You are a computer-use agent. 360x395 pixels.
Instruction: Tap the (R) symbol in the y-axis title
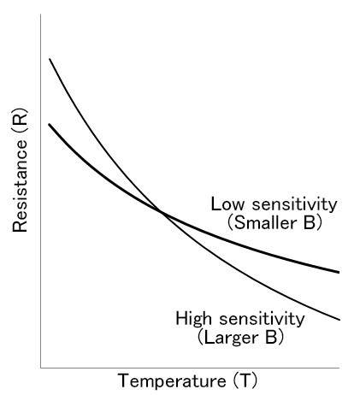pos(20,120)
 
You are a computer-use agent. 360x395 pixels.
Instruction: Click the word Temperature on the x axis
pos(172,380)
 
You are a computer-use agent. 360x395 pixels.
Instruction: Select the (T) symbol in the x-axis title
pos(245,380)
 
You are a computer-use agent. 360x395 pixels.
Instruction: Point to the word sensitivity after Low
pos(294,204)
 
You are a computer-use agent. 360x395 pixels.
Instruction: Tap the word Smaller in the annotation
pos(265,223)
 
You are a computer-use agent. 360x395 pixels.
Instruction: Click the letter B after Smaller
pos(310,223)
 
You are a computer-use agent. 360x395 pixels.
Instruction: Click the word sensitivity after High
pos(262,319)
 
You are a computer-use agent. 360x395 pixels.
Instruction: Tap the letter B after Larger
pos(271,337)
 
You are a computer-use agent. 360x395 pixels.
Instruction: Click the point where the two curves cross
pos(162,212)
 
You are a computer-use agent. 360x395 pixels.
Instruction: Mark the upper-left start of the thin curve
pos(50,59)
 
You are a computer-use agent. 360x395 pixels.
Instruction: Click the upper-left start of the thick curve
pos(49,124)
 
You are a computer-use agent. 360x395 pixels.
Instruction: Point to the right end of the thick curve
pos(339,272)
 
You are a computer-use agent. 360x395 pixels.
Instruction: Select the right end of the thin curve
pos(339,320)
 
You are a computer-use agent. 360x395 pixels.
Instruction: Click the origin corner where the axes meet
pos(41,368)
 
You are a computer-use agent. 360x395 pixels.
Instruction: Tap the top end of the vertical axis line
pos(41,15)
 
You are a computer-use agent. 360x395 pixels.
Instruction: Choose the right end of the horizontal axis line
pos(339,368)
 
